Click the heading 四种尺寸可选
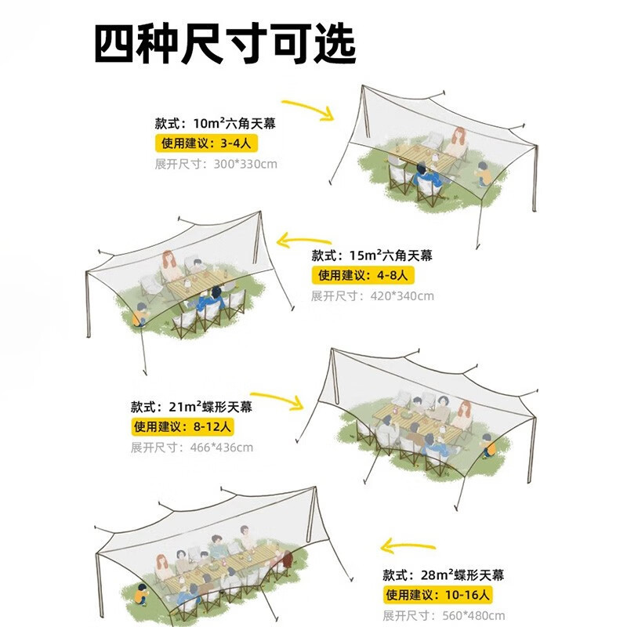pyautogui.click(x=225, y=44)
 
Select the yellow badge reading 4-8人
pyautogui.click(x=362, y=275)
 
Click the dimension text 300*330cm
pyautogui.click(x=216, y=164)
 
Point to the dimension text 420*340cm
pyautogui.click(x=372, y=295)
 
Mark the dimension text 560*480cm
pyautogui.click(x=444, y=615)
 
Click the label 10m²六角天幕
pyautogui.click(x=216, y=123)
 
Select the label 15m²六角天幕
pyautogui.click(x=371, y=256)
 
